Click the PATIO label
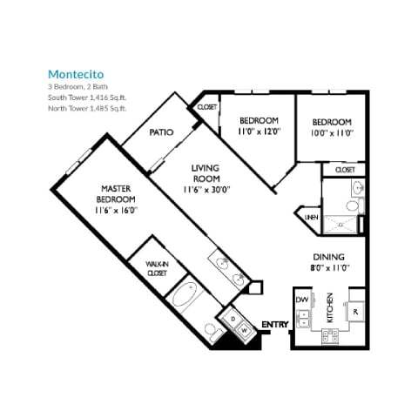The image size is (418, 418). (161, 132)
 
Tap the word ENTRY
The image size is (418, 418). (275, 325)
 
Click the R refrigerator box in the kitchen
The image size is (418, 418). (356, 311)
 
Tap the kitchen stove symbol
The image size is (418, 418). (331, 336)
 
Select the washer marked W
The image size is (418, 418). (245, 330)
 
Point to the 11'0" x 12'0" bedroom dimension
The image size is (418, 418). (259, 131)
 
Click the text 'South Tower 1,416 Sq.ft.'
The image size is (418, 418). (87, 98)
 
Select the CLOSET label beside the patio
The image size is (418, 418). (207, 106)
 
